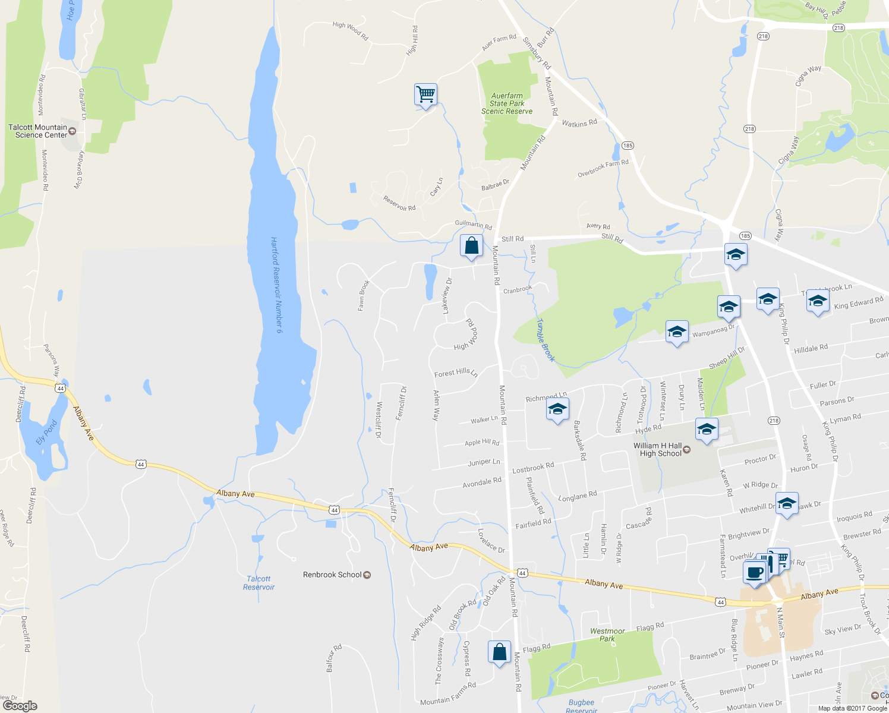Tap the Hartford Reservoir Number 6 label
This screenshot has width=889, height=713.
point(276,285)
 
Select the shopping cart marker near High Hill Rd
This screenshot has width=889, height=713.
point(425,94)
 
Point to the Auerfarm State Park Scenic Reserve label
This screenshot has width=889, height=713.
point(507,103)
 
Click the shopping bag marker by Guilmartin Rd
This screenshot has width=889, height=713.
point(471,245)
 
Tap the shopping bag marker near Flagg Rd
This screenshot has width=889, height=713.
point(500,652)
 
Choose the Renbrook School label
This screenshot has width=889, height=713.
point(333,575)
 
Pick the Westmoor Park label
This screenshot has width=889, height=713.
point(607,635)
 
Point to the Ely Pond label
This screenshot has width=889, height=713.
point(46,433)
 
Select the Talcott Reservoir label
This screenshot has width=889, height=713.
point(258,583)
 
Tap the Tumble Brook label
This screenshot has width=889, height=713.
point(546,340)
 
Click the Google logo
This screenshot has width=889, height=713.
point(20,706)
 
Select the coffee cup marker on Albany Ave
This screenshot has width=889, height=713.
point(754,573)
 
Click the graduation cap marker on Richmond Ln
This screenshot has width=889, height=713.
point(557,409)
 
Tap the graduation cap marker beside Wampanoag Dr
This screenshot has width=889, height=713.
point(676,333)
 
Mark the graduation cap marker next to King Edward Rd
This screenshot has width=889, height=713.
point(818,301)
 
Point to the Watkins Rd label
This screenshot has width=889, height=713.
point(579,124)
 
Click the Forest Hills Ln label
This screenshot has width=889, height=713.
point(456,373)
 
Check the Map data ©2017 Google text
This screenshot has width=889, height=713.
point(852,708)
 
